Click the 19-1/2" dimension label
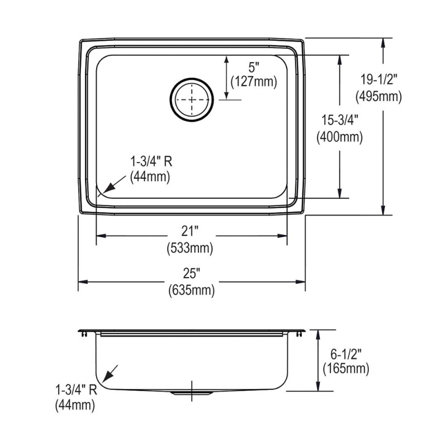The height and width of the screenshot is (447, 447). pyautogui.click(x=379, y=79)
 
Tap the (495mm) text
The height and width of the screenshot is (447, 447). pyautogui.click(x=379, y=97)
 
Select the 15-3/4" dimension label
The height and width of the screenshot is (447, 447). pyautogui.click(x=340, y=120)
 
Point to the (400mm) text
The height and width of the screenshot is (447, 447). pyautogui.click(x=340, y=137)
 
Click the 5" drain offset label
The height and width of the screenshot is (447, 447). pyautogui.click(x=254, y=68)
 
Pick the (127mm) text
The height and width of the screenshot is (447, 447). pyautogui.click(x=254, y=82)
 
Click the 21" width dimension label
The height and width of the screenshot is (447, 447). pyautogui.click(x=189, y=231)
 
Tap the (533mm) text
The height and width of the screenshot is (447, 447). pyautogui.click(x=190, y=248)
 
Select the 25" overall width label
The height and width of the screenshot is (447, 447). pyautogui.click(x=191, y=274)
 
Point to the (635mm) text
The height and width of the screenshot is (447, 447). pyautogui.click(x=192, y=291)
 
